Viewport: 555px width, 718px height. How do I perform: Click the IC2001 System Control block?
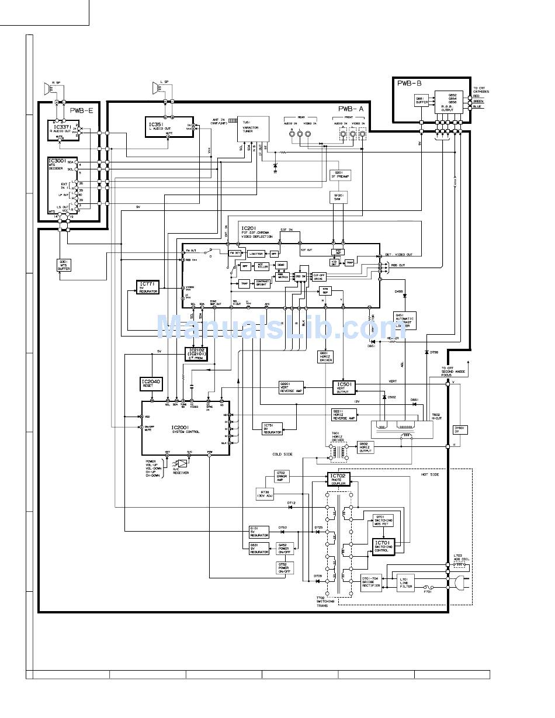pos(185,428)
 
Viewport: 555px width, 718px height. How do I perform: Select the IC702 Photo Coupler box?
pos(339,479)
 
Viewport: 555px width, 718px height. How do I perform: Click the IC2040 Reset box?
pos(151,384)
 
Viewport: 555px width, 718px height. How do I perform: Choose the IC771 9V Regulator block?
pos(148,287)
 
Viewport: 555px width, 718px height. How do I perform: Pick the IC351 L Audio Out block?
pos(169,126)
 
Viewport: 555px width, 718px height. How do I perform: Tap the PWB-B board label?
pos(410,84)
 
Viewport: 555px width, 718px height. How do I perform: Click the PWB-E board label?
pos(81,110)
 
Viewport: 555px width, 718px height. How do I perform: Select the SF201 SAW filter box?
pos(338,197)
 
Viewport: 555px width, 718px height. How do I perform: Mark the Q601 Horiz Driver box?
pos(325,356)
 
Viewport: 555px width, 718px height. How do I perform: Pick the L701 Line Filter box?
pos(406,582)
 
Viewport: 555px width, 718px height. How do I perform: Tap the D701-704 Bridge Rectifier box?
pos(371,582)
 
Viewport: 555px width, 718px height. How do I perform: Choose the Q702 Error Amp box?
pos(282,476)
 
